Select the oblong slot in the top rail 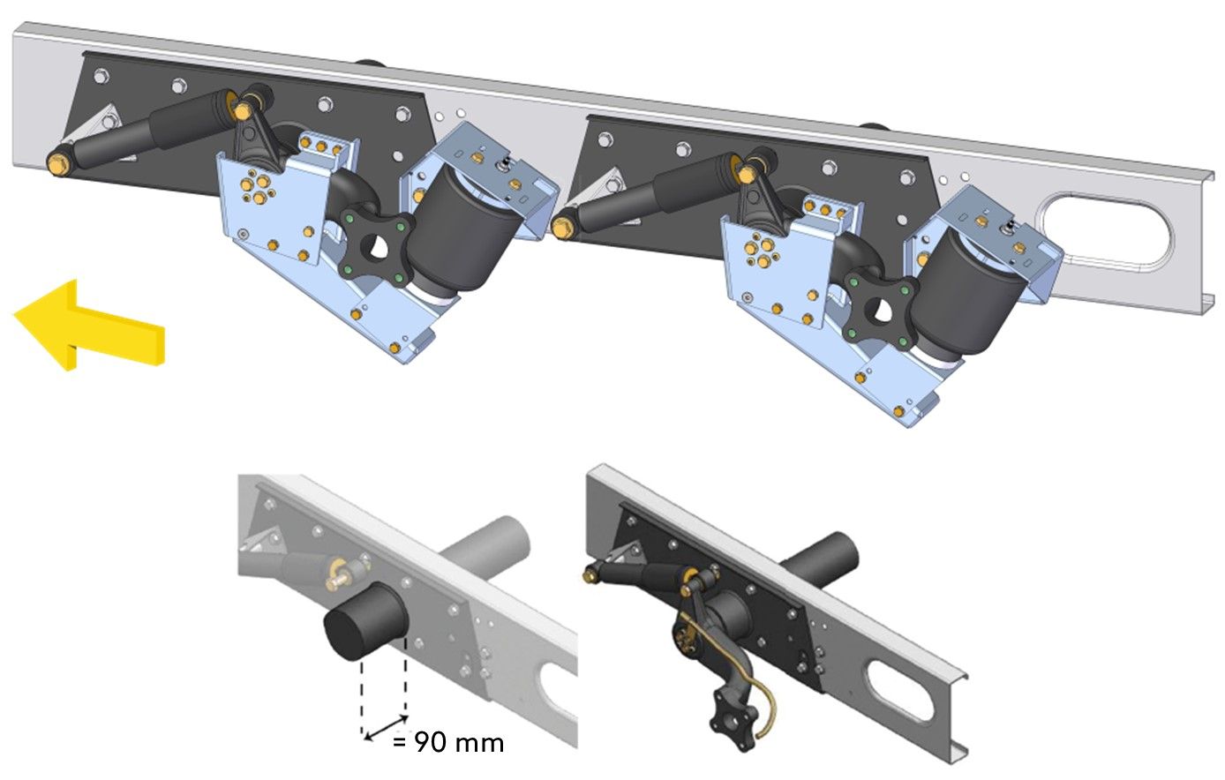tap(1107, 230)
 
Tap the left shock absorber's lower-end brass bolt tap(56, 164)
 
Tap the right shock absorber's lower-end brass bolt tap(561, 226)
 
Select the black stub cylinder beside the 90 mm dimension tap(364, 621)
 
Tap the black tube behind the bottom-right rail tap(819, 559)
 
